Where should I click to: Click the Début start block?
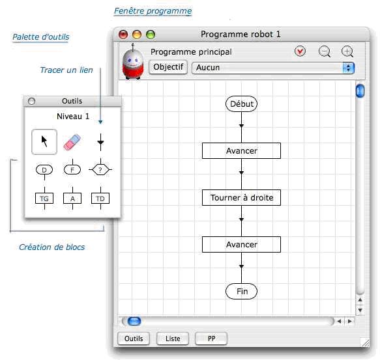(x=241, y=104)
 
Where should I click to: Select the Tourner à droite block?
(x=241, y=197)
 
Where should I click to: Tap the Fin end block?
(x=241, y=291)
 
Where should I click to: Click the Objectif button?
(x=168, y=67)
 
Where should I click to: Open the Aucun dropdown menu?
(x=273, y=68)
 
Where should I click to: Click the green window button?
(x=151, y=35)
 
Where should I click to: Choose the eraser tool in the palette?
(x=72, y=142)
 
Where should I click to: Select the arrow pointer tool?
(x=44, y=142)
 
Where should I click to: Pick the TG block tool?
(x=44, y=199)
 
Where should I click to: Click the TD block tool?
(x=100, y=199)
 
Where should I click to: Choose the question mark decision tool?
(x=100, y=169)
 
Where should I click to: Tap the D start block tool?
(x=44, y=170)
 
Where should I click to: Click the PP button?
(x=211, y=339)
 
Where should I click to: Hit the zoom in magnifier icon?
(x=347, y=51)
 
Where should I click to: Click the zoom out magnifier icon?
(x=325, y=51)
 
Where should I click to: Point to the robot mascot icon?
(x=133, y=62)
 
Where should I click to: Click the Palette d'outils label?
(x=40, y=37)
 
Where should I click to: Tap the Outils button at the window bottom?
(x=134, y=339)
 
